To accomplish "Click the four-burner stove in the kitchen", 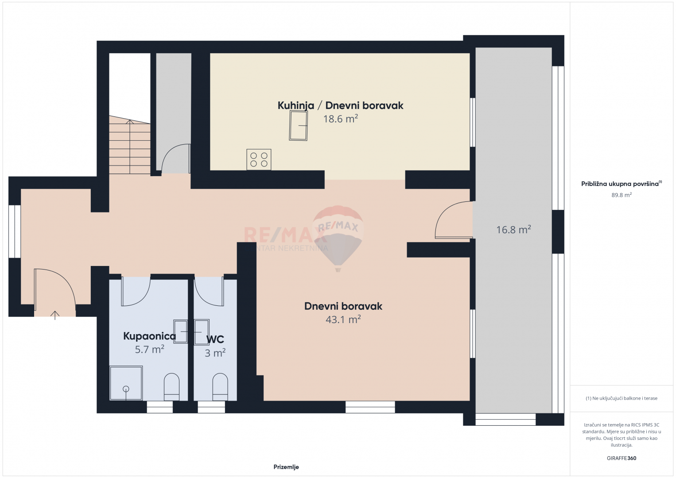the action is (x=259, y=159).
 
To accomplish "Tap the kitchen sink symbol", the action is (x=298, y=125).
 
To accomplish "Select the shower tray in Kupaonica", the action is (x=126, y=383).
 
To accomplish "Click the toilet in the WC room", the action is (x=220, y=387).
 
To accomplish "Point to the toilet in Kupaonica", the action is (x=171, y=387).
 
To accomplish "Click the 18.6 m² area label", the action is (x=340, y=119).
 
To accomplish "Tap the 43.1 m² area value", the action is (x=343, y=320).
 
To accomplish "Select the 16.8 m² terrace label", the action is (x=513, y=230).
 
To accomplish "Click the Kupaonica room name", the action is (x=149, y=336).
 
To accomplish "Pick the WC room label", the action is (x=215, y=339).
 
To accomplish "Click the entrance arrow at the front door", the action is (x=55, y=315).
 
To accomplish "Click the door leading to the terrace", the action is (x=454, y=220).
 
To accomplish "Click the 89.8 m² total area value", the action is (x=622, y=195).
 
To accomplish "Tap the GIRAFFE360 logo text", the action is (x=622, y=458).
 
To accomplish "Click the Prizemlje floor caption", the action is (x=286, y=467).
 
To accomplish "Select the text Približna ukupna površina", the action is (x=620, y=184).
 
